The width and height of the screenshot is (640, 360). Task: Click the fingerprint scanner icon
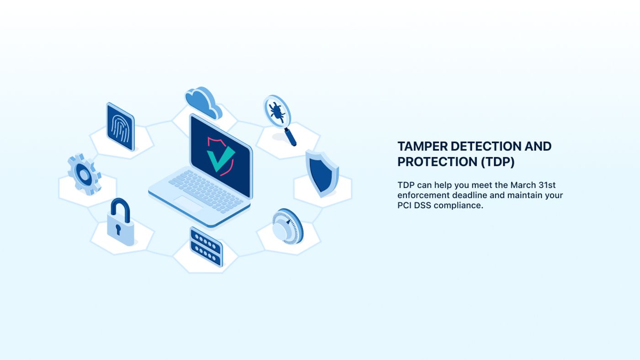tap(120, 127)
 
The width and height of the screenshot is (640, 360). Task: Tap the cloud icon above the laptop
tap(203, 103)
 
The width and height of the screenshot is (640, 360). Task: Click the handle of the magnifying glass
tap(290, 137)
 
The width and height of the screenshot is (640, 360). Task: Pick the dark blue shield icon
tap(322, 173)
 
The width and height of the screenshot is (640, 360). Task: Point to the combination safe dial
tap(288, 227)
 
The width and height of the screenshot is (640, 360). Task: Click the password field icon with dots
tap(206, 247)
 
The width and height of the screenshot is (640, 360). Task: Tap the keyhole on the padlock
tap(118, 229)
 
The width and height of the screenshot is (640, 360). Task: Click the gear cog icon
tap(84, 174)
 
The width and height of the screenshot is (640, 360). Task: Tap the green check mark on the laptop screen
tap(220, 159)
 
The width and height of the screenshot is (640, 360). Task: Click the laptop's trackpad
tap(188, 203)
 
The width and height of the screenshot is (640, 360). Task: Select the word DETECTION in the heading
tap(486, 147)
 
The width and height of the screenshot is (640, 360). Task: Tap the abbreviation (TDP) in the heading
tap(498, 162)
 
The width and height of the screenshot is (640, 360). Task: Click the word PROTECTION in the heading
tap(437, 162)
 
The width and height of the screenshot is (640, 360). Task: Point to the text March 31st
tap(533, 185)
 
